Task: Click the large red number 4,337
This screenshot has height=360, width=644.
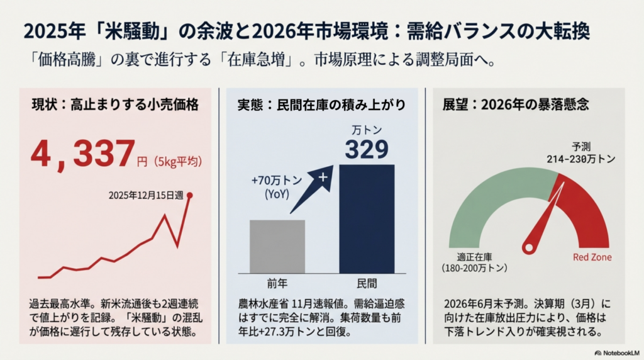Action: coord(83,155)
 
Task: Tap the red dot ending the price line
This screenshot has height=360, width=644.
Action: coord(190,195)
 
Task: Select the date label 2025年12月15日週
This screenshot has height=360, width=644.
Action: coord(146,196)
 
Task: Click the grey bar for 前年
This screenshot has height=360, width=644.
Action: coord(277,247)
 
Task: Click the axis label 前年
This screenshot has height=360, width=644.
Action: coord(277,283)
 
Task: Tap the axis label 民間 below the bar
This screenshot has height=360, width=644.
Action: coord(367,283)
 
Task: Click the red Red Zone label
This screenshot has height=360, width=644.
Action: coord(592,257)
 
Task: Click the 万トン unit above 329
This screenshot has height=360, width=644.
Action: coord(367,130)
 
